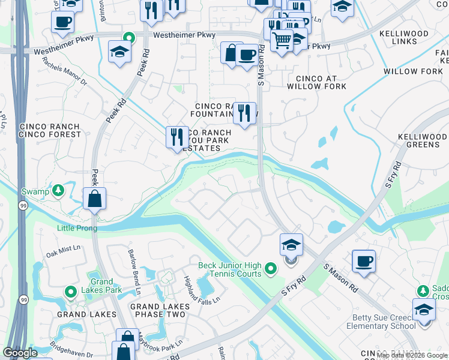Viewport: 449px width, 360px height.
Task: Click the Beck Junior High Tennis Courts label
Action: (230, 269)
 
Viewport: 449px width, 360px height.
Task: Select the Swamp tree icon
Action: (58, 191)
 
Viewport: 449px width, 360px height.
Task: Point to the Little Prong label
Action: (77, 228)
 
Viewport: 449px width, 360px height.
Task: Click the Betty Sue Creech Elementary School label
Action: (381, 322)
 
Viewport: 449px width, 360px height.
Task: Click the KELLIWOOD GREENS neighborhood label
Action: (423, 140)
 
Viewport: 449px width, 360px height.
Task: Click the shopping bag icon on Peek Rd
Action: (95, 199)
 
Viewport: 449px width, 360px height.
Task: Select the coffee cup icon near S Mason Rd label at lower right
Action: (364, 260)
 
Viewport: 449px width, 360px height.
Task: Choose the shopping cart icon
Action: (281, 40)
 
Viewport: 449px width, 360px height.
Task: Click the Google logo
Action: (20, 353)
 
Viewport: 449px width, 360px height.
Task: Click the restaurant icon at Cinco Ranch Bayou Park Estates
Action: (177, 137)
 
